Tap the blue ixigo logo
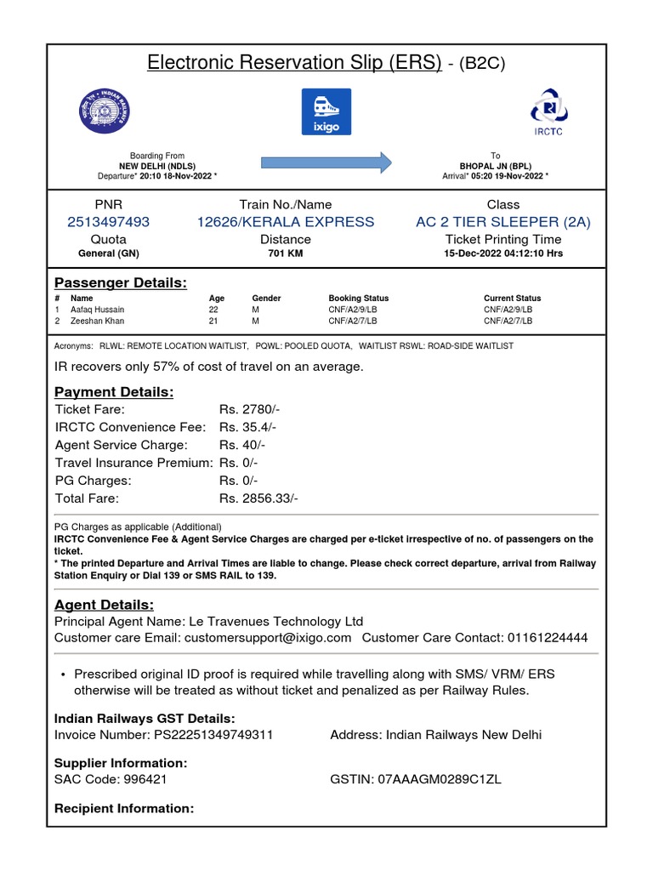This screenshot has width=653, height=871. click(x=326, y=111)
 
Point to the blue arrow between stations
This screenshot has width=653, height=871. click(x=326, y=161)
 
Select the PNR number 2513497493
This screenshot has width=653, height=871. click(x=108, y=222)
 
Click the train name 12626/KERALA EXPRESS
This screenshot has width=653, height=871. click(x=286, y=222)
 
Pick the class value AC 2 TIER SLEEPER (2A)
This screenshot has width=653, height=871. click(x=503, y=222)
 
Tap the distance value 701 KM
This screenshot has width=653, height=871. click(x=286, y=253)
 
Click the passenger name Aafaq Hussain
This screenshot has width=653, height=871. click(x=97, y=310)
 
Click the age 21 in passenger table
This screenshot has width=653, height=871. click(x=214, y=322)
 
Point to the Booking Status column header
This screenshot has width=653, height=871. click(x=358, y=299)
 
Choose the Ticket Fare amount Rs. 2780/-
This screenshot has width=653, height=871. click(x=247, y=409)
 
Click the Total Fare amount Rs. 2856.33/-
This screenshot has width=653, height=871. click(x=258, y=498)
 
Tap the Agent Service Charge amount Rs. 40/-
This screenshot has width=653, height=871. click(x=242, y=445)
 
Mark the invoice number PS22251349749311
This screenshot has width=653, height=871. click(x=213, y=735)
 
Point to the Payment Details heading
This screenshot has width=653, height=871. click(x=114, y=391)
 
